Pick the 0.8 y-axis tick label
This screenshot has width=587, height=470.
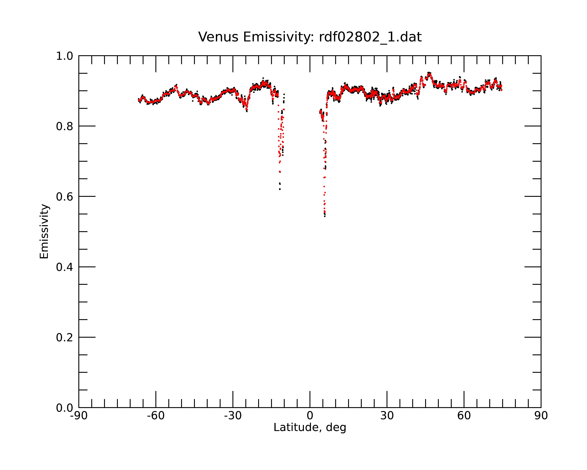click(x=65, y=126)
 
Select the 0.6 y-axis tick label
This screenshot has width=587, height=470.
click(x=65, y=197)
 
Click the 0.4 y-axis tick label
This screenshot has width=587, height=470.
click(x=65, y=267)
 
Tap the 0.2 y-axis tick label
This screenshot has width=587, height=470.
click(x=65, y=338)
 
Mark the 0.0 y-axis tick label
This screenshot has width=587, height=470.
click(x=65, y=408)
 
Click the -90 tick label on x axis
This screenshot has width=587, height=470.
click(x=79, y=416)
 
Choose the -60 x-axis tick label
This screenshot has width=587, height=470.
click(x=156, y=416)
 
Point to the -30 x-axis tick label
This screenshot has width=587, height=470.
click(x=233, y=416)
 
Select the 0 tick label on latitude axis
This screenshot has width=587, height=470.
click(x=310, y=416)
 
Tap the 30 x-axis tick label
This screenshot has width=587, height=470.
click(x=387, y=416)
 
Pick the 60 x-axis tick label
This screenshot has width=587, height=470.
click(x=464, y=416)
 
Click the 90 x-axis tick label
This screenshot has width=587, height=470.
click(x=541, y=416)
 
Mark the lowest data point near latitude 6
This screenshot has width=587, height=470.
click(x=325, y=216)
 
